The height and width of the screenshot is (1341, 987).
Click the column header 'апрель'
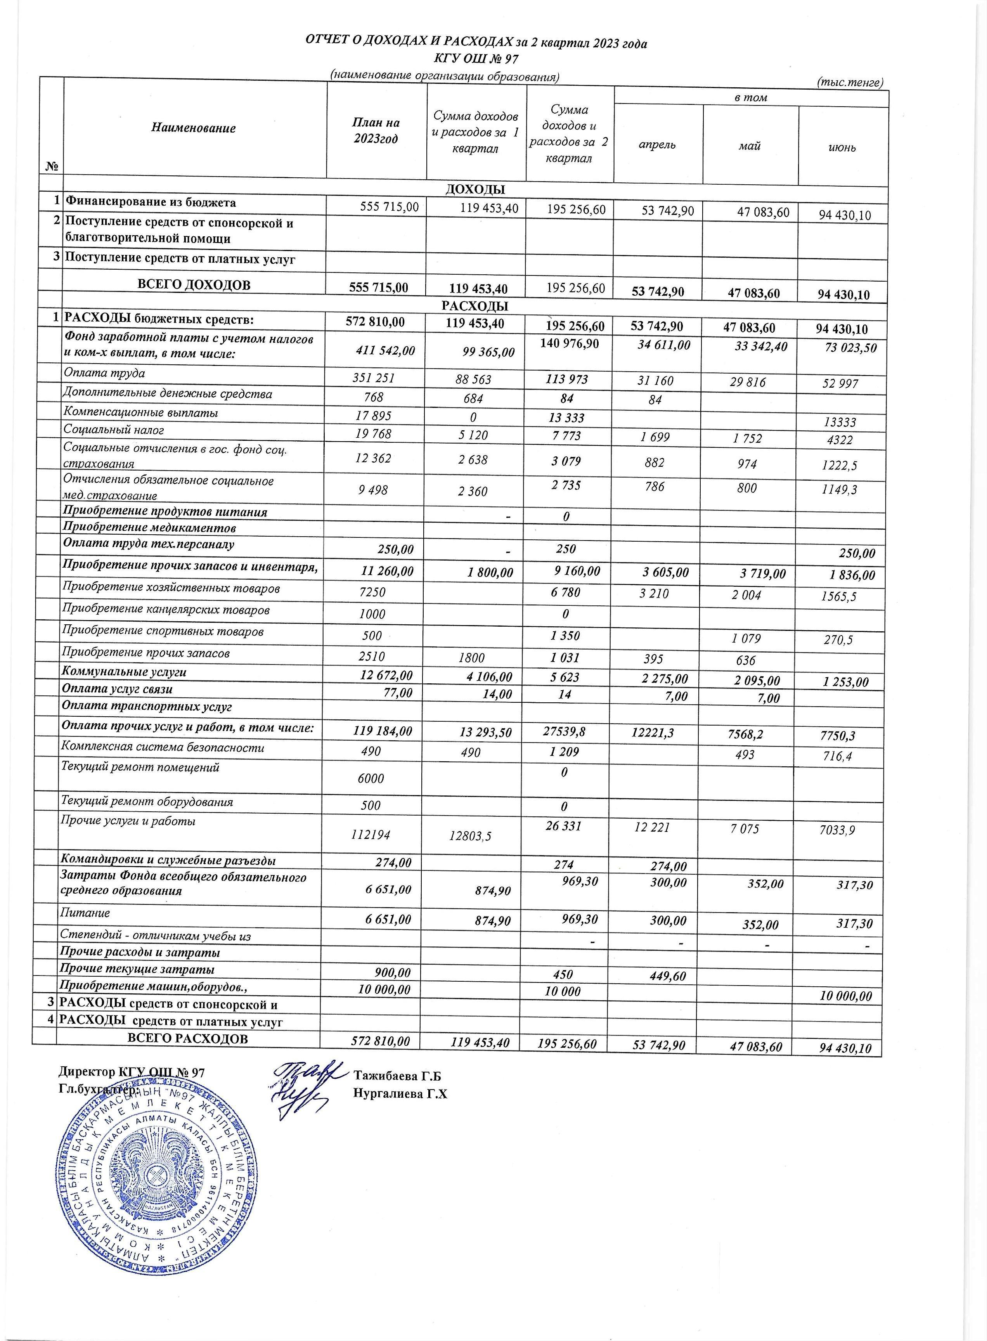click(657, 145)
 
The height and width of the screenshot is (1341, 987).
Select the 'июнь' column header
click(842, 147)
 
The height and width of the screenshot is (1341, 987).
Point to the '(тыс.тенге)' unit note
click(849, 83)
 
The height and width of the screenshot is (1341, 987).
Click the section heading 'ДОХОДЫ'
click(475, 189)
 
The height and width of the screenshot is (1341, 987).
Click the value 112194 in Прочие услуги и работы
click(371, 834)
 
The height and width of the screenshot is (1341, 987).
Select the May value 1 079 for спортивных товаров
click(746, 638)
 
